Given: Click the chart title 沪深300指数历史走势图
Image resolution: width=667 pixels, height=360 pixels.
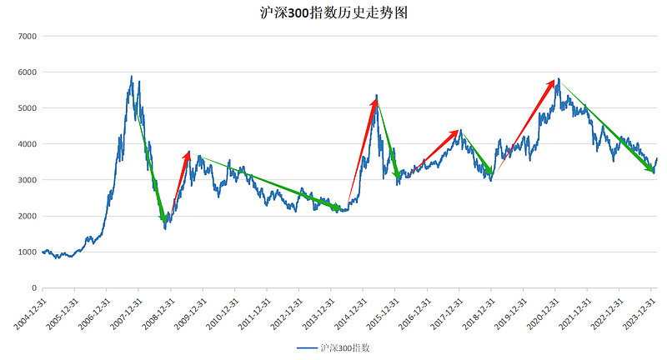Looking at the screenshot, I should point(333,14).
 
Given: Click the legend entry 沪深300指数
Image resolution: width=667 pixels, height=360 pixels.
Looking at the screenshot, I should point(333,347).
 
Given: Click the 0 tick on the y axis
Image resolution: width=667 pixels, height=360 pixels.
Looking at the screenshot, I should point(34,288).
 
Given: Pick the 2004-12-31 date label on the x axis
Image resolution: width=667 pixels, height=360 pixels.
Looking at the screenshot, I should point(27,312).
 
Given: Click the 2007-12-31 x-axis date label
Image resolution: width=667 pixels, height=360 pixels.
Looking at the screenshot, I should point(123,312).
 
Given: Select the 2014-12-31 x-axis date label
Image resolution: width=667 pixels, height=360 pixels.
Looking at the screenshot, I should point(347,312).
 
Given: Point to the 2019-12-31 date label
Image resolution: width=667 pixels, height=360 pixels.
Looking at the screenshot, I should point(507,312).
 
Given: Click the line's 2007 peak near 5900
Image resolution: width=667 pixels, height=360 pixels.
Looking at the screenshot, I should point(132,77).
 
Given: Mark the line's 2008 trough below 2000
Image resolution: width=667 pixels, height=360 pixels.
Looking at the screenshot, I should point(165,227).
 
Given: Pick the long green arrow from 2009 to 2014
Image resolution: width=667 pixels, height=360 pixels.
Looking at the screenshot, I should point(271,182).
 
